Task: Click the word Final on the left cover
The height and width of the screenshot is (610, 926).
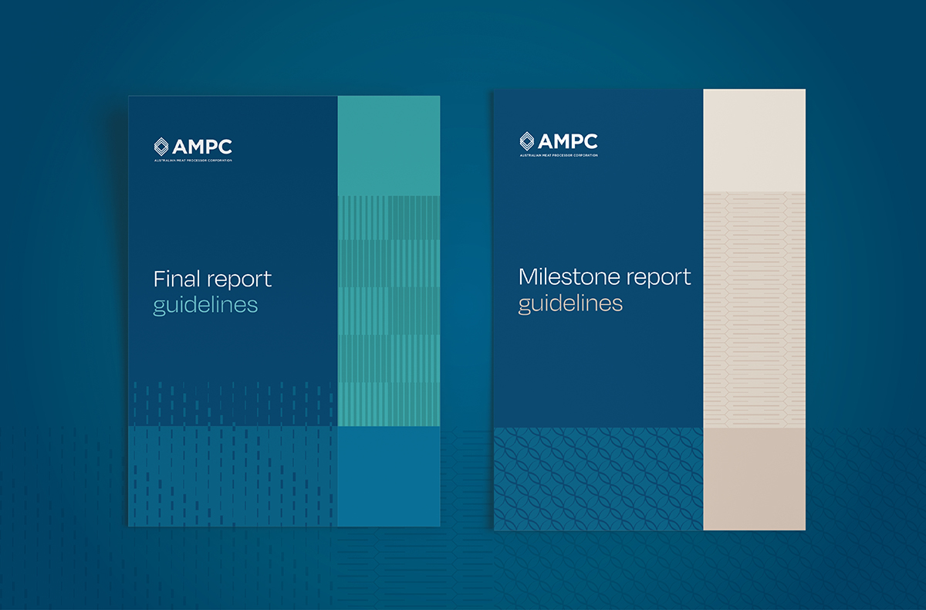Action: [x=176, y=278]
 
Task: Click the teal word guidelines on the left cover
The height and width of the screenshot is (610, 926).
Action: [x=205, y=305]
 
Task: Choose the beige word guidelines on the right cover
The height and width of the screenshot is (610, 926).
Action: [x=570, y=303]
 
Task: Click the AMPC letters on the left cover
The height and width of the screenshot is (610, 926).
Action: [x=201, y=146]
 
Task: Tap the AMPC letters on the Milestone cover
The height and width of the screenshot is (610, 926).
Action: [x=567, y=142]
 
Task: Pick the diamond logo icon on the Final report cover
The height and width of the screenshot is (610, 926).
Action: [x=161, y=146]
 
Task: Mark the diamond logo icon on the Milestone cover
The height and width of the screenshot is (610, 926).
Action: [x=527, y=142]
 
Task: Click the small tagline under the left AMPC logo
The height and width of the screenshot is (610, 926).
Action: [x=193, y=161]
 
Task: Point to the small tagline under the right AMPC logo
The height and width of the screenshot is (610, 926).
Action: [x=559, y=156]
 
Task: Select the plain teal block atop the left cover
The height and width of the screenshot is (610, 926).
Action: [x=389, y=145]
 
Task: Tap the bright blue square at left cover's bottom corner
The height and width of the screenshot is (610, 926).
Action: [x=389, y=476]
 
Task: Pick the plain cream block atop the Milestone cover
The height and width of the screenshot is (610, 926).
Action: [x=754, y=141]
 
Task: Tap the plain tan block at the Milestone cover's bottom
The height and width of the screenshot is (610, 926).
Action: [x=754, y=479]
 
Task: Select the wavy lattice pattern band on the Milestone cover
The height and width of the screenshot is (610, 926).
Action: [x=598, y=479]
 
